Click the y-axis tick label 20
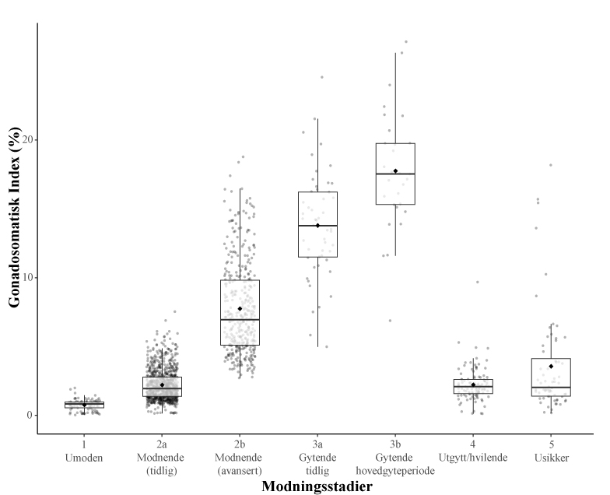point(25,139)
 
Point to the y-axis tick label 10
point(25,277)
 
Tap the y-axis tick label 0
point(27,415)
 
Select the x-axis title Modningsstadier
point(317,486)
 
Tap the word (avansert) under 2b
point(240,469)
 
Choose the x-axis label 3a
point(317,444)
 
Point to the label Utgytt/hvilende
point(473,457)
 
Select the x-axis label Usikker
point(551,457)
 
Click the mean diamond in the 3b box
point(395,171)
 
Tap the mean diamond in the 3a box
point(317,226)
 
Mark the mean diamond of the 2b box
point(240,309)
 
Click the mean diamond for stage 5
point(551,366)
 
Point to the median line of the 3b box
point(395,174)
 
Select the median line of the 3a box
point(317,226)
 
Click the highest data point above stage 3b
point(406,42)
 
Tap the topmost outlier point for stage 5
point(551,165)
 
